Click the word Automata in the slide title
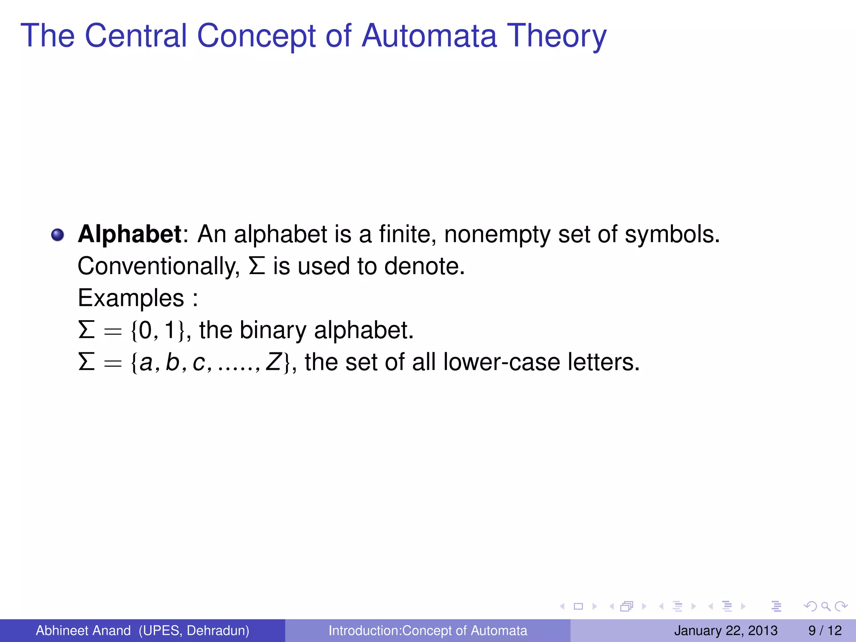click(x=429, y=36)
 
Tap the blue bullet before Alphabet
click(x=58, y=235)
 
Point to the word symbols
click(x=672, y=234)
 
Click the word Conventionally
click(x=158, y=266)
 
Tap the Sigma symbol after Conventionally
click(x=257, y=266)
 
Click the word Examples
click(x=131, y=298)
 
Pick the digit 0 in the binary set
click(x=145, y=330)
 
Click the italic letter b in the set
click(x=172, y=362)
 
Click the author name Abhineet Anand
click(x=83, y=630)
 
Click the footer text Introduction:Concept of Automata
click(x=428, y=630)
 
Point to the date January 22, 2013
click(x=726, y=630)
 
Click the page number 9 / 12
click(x=825, y=630)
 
